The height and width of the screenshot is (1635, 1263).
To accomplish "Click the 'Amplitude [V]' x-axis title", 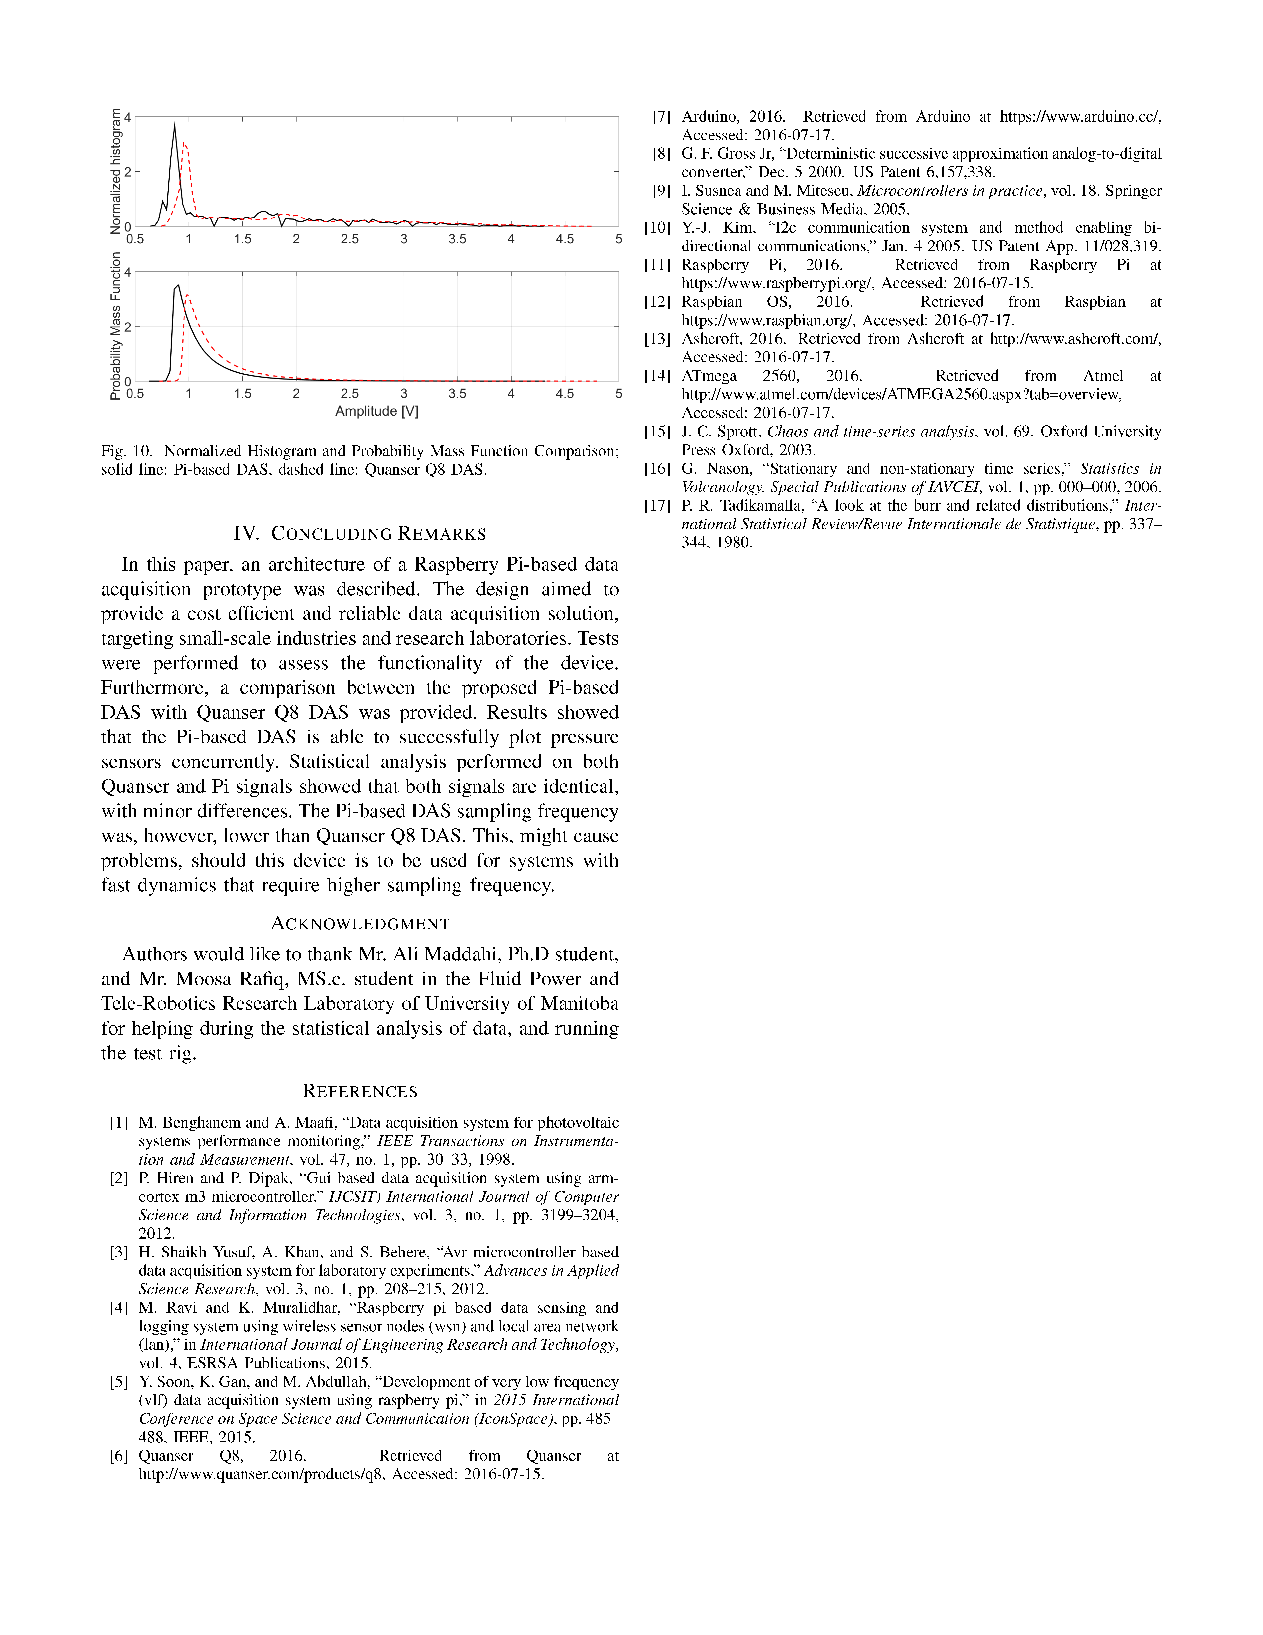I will [376, 411].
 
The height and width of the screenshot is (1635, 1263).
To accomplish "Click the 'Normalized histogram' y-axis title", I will [116, 171].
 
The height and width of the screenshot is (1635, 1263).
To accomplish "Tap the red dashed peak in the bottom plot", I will [187, 295].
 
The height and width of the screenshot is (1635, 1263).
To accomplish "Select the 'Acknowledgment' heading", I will [360, 924].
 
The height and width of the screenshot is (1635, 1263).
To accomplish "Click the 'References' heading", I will [360, 1091].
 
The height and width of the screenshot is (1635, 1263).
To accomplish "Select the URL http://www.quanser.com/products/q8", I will [262, 1475].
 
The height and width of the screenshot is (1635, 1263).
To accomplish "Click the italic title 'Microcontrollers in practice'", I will [949, 191].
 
